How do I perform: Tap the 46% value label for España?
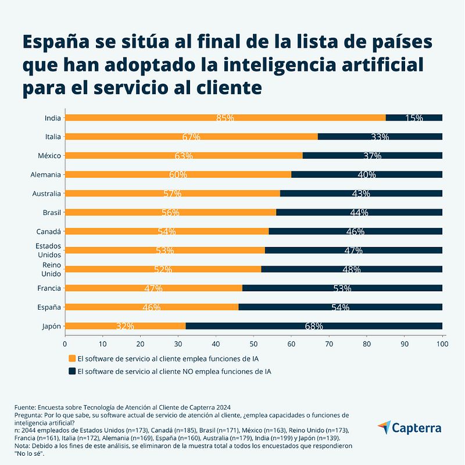tap(151, 307)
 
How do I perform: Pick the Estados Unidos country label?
tap(48, 251)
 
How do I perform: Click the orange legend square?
tap(72, 359)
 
